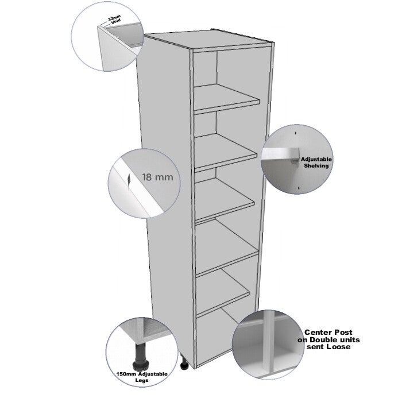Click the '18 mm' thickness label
click(158, 177)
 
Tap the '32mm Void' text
click(114, 20)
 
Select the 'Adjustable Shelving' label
click(316, 163)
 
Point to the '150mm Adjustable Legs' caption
click(142, 377)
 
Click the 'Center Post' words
click(328, 333)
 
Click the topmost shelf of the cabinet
click(226, 99)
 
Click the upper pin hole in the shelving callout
click(296, 133)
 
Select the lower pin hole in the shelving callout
click(299, 188)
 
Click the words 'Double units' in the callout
click(335, 340)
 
